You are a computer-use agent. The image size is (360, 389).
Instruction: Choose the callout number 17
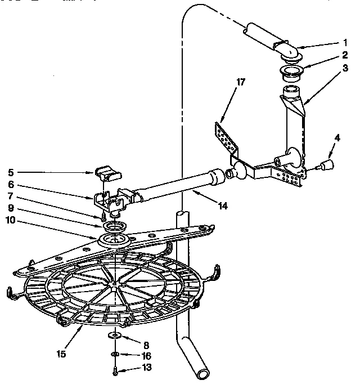click(241, 82)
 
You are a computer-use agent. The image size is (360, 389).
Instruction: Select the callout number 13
click(147, 368)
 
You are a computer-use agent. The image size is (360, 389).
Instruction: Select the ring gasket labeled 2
click(292, 71)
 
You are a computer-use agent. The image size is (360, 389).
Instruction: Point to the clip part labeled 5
click(107, 172)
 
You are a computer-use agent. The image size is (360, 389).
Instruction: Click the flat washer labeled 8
click(115, 336)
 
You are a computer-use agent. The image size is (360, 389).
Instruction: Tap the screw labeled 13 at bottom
click(115, 369)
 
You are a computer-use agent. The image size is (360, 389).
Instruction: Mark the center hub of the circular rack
click(114, 289)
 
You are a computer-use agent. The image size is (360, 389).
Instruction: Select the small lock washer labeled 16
click(115, 354)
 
